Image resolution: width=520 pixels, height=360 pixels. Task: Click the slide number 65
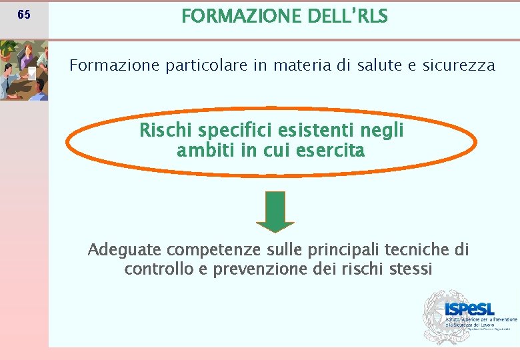click(23, 15)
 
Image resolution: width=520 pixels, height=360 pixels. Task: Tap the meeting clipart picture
click(24, 70)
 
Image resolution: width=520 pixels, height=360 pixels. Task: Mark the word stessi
click(409, 269)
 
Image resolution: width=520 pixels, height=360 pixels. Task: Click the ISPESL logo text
click(470, 309)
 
